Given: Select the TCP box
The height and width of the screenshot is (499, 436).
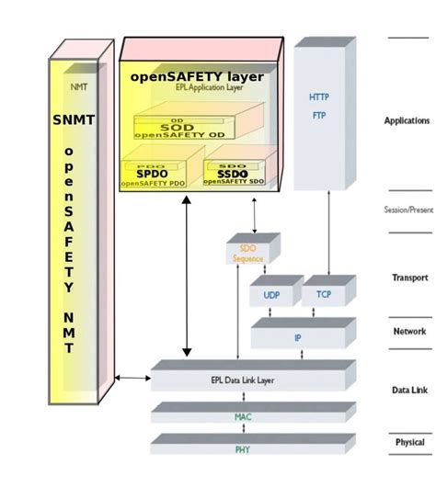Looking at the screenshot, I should [324, 295].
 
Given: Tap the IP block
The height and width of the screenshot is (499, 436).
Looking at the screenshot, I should [297, 337].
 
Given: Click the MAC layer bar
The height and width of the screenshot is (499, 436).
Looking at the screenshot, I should [243, 417].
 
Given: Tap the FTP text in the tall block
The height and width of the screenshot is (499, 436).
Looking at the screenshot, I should [318, 116].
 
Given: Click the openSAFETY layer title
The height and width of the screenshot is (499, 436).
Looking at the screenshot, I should [197, 76].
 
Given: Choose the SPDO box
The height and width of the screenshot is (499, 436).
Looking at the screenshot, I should [153, 174].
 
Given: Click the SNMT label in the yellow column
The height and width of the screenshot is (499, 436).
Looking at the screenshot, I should [74, 119].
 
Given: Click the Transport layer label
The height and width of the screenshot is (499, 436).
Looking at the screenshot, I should [409, 278].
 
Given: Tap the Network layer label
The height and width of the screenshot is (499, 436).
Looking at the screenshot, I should [410, 332].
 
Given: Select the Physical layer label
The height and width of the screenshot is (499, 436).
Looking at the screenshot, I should [410, 443].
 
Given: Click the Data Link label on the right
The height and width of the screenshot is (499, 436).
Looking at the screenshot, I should [410, 391].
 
